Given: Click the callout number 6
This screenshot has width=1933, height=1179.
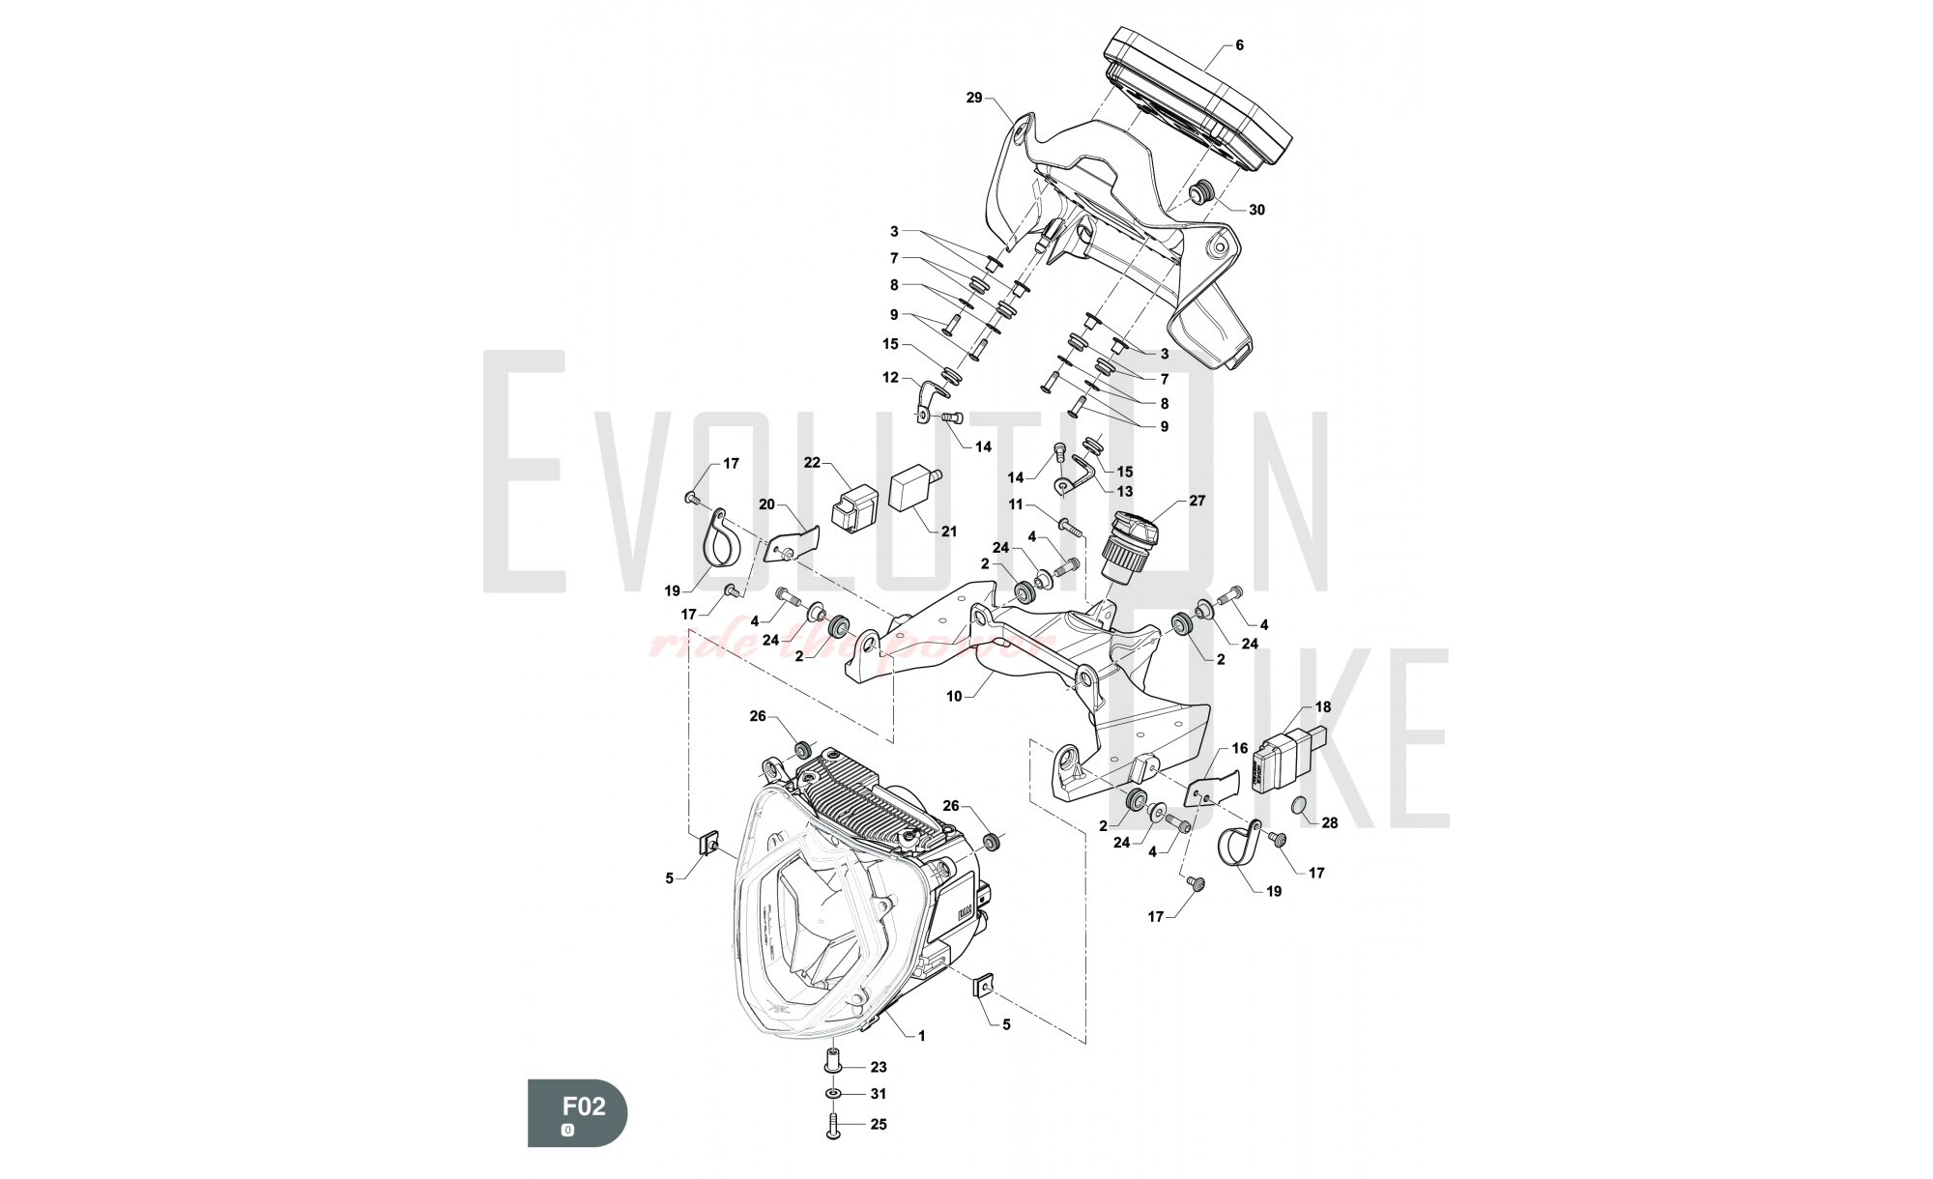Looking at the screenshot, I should tap(1239, 45).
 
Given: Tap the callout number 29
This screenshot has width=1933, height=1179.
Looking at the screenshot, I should tap(973, 98).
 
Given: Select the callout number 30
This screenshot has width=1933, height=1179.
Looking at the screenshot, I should tap(1256, 210).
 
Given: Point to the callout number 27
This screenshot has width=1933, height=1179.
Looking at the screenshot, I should tap(1197, 501).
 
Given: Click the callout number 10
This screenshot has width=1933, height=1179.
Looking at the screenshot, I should tap(954, 696).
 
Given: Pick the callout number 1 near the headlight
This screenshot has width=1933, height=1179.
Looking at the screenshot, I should tap(921, 1036).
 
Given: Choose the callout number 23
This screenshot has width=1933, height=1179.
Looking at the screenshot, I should tap(878, 1067).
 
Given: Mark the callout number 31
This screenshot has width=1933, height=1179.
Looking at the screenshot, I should tap(878, 1094).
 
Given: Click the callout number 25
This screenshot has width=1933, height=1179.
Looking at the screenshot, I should tap(878, 1124).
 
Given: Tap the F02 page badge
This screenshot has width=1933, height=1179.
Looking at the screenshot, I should tap(577, 1112).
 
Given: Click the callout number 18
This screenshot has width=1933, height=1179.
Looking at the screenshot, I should tap(1322, 707).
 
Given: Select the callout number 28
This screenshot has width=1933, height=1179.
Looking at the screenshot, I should tap(1330, 823).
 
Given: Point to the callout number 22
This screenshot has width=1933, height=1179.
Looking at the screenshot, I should tap(811, 463).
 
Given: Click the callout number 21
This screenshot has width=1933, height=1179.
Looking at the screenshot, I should tap(948, 532).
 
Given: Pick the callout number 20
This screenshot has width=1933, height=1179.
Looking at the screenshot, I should tap(766, 503).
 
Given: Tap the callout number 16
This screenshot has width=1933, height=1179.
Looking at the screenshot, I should tap(1240, 748).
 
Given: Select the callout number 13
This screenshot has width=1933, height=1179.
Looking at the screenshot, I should tap(1124, 492).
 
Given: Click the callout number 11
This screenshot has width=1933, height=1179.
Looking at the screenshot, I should tap(1015, 504).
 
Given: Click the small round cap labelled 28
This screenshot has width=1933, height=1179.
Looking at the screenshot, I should tap(1301, 806).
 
